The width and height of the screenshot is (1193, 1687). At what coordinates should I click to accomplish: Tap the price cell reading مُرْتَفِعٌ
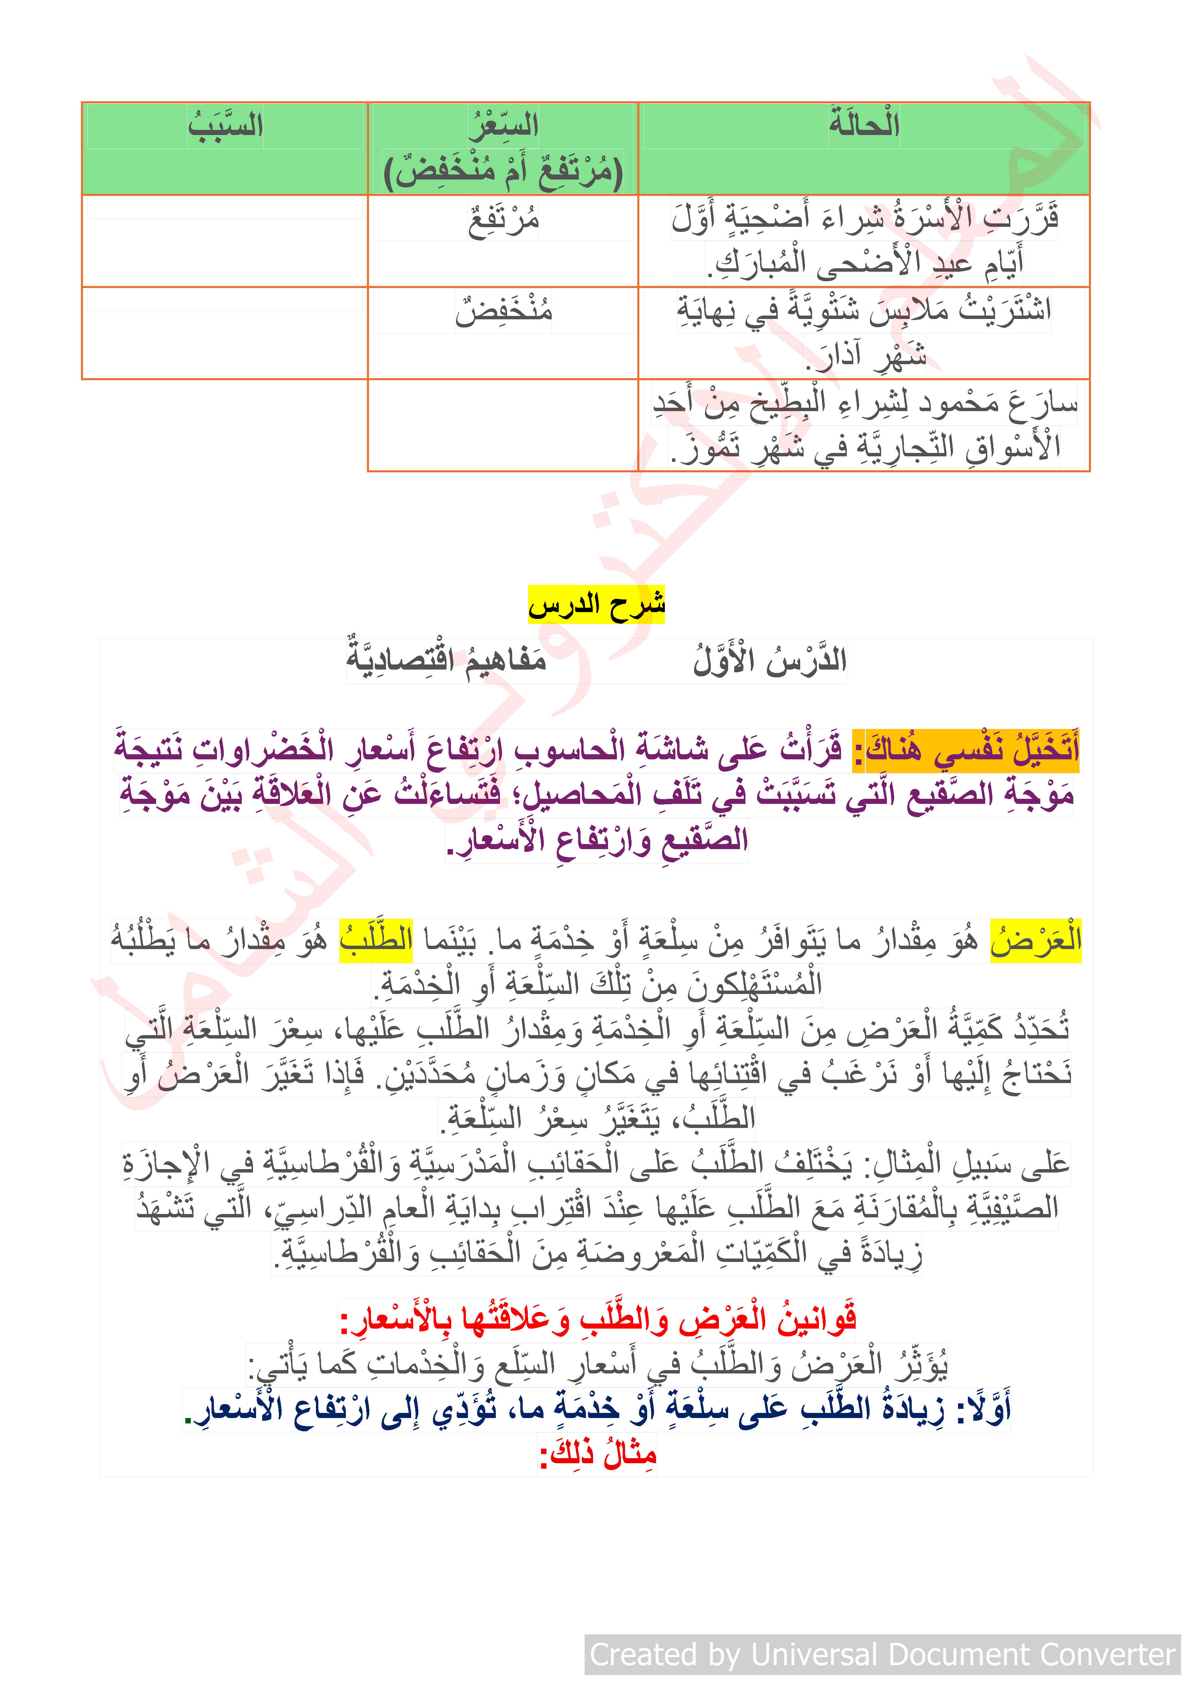[x=504, y=220]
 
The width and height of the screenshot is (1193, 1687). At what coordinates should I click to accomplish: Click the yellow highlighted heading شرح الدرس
[x=596, y=605]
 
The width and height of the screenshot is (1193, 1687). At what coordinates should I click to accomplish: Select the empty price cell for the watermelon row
[x=503, y=425]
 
